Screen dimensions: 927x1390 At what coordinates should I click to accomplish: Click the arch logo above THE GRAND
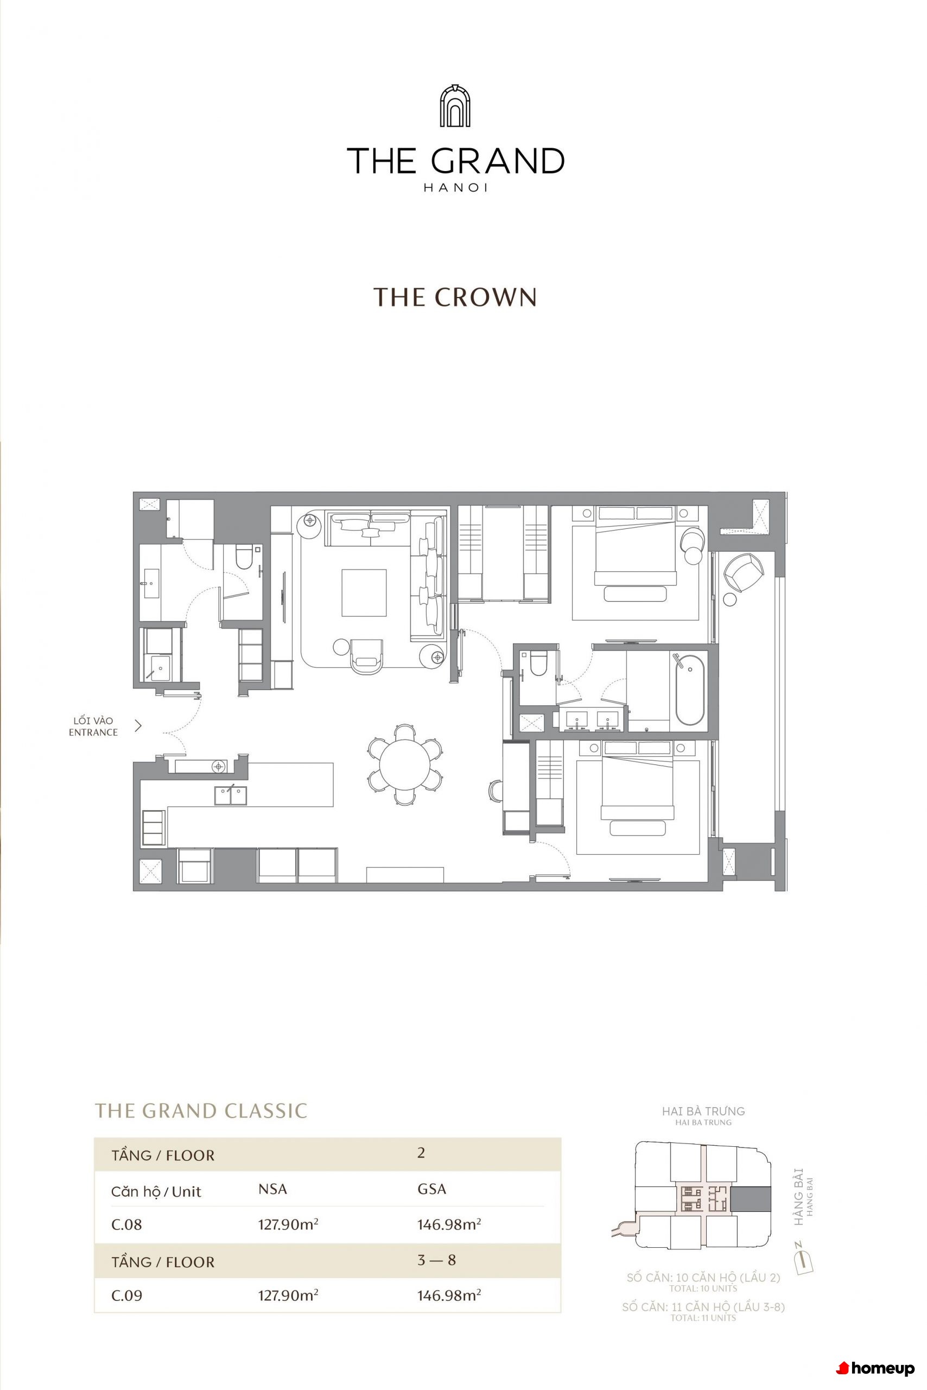coord(455,105)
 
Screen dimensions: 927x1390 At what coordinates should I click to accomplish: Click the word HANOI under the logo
coord(455,188)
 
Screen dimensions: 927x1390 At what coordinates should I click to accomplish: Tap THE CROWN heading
coord(455,297)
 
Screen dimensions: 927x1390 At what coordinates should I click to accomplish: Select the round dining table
coord(405,765)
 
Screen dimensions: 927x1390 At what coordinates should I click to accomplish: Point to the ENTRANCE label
coord(93,732)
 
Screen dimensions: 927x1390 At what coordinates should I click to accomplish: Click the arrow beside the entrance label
coord(138,726)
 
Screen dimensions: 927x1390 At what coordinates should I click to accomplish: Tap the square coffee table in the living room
coord(364,592)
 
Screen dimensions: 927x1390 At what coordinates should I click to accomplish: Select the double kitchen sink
coord(231,795)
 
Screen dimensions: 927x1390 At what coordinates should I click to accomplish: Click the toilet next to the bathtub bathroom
coord(538,664)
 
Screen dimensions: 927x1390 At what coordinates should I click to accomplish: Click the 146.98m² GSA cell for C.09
coord(449,1296)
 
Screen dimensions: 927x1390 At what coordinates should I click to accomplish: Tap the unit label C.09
coord(126,1296)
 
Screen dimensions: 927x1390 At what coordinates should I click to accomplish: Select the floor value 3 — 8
coord(436,1260)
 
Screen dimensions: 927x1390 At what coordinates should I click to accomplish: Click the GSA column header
coord(431,1189)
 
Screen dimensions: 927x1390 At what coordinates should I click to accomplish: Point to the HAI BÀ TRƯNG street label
coord(703,1111)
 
